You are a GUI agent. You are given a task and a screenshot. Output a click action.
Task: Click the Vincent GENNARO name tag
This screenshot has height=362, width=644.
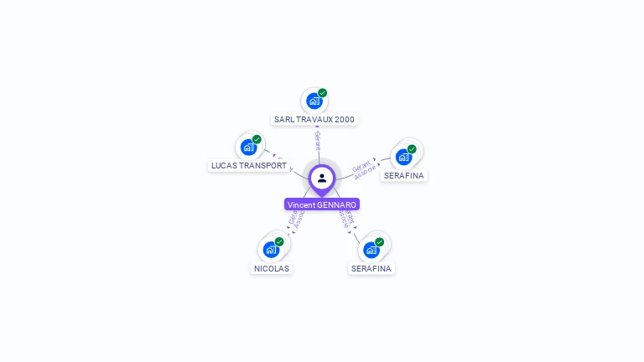click(322, 204)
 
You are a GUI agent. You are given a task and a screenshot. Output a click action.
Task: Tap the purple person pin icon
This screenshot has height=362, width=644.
click(322, 178)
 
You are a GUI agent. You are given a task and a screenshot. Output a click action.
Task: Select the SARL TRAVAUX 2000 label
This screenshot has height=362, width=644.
click(314, 120)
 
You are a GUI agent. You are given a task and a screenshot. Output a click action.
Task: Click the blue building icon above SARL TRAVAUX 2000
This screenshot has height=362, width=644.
click(314, 101)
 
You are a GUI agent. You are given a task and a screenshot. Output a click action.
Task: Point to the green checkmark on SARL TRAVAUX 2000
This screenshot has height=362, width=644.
click(323, 93)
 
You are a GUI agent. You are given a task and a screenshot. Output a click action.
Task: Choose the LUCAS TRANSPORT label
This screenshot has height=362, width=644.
click(249, 166)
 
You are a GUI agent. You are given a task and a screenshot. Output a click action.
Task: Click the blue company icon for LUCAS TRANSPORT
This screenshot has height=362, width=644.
click(248, 147)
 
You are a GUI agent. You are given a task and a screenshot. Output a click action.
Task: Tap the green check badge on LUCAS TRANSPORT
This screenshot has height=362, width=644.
click(257, 139)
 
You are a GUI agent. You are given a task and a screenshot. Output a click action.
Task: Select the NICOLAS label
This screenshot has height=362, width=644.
click(272, 269)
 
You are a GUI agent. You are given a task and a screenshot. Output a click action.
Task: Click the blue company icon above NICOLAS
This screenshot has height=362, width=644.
click(271, 250)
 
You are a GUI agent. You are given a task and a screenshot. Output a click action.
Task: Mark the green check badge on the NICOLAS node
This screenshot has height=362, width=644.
click(279, 241)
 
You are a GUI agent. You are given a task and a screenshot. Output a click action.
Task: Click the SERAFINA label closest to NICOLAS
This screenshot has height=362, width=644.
click(371, 269)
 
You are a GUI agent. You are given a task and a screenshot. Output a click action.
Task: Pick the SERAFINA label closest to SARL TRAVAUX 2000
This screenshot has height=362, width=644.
click(404, 176)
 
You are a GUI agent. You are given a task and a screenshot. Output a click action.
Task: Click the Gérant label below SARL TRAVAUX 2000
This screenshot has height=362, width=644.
click(318, 140)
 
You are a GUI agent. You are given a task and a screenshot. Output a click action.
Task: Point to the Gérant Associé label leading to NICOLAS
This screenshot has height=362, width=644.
click(295, 220)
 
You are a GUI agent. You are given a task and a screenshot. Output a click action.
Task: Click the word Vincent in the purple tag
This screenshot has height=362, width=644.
click(301, 204)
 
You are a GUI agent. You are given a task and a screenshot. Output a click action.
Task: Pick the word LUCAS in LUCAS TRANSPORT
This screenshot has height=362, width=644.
click(224, 166)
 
